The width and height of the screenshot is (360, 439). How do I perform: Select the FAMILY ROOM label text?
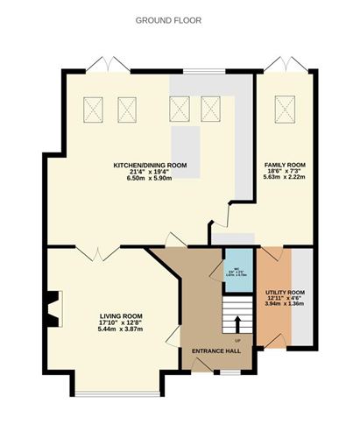[285, 165]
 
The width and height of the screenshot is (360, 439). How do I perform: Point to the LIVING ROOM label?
[121, 315]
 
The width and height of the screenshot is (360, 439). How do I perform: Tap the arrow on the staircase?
[235, 322]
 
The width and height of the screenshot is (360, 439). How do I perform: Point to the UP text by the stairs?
[236, 341]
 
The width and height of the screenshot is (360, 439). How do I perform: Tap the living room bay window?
[116, 385]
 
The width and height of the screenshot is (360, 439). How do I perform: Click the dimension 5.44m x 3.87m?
[121, 329]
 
